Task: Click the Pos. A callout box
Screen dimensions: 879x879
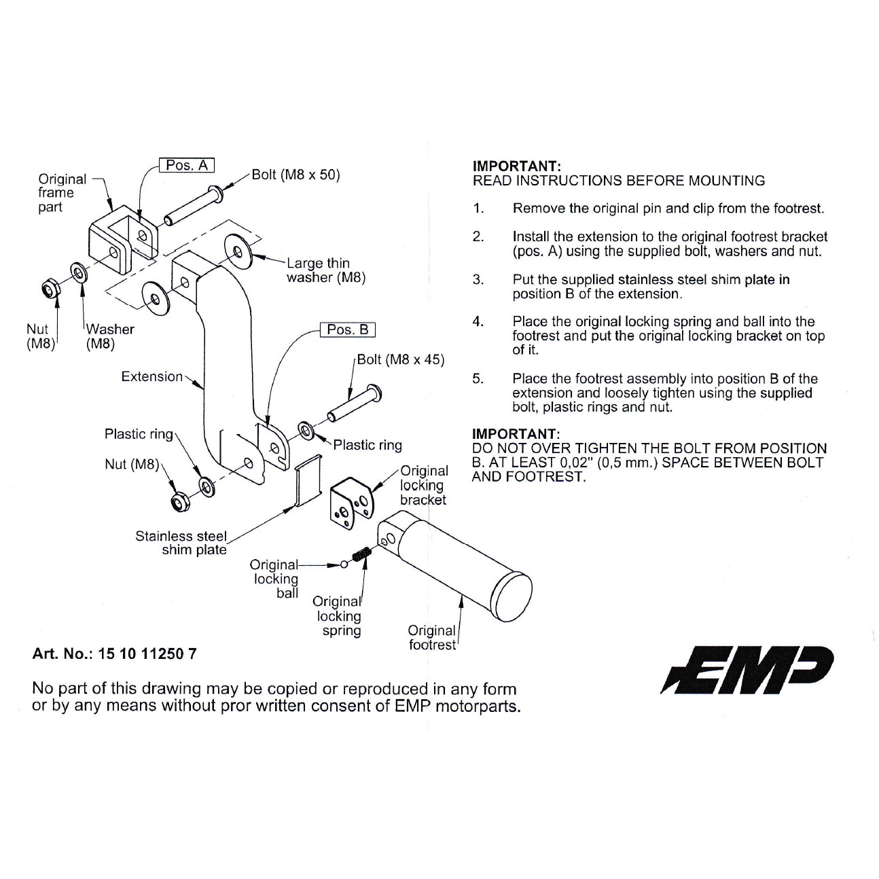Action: coord(186,165)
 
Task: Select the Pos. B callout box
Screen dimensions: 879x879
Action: coord(347,329)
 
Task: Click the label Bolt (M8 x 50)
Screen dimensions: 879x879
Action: coord(295,175)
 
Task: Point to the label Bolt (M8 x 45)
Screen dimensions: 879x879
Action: coord(400,359)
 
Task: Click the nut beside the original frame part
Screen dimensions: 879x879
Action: coord(50,289)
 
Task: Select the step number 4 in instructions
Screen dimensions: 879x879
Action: coord(478,321)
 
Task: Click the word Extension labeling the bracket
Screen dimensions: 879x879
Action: coord(151,376)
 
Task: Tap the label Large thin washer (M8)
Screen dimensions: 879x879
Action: coord(325,270)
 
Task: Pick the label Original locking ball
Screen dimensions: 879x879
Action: coord(275,578)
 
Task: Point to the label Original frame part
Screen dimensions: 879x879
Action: coord(61,193)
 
